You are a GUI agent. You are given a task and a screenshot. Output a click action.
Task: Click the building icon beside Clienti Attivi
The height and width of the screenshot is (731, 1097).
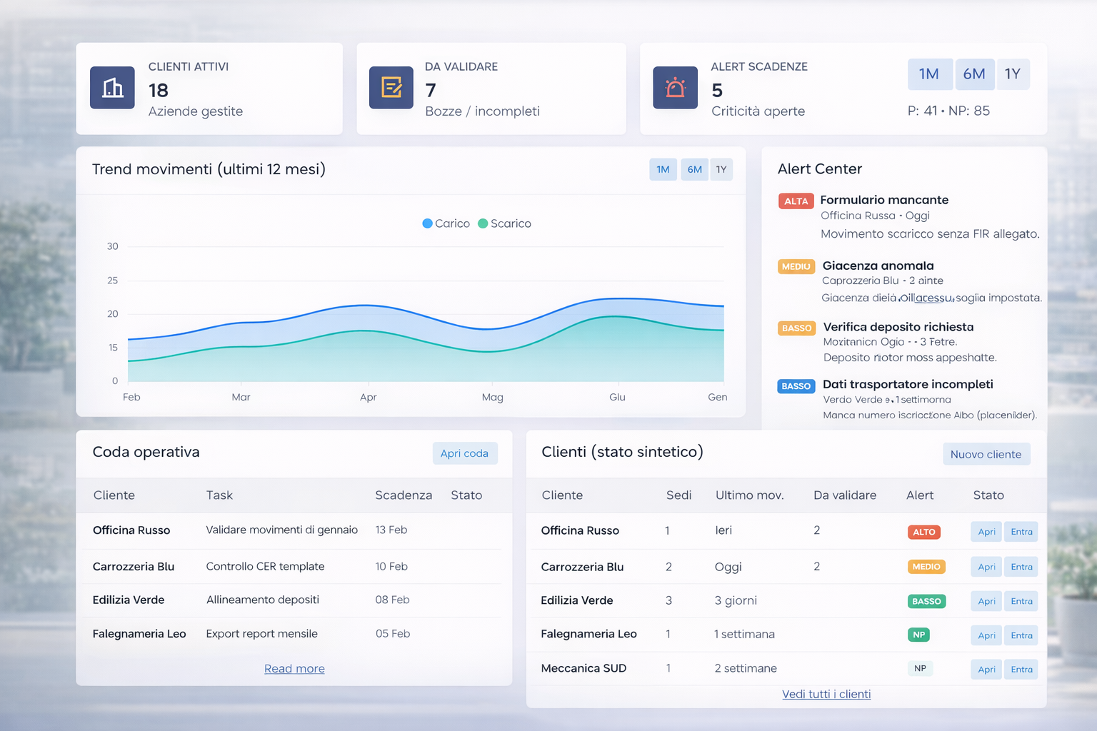coord(112,88)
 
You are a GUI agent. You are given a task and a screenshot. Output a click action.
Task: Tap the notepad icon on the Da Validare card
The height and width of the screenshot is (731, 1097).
coord(391,88)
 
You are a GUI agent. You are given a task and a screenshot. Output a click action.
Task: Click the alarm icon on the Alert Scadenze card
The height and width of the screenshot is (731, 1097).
coord(675,88)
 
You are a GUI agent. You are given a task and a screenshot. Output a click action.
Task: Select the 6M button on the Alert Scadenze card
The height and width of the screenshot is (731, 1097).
coord(974,74)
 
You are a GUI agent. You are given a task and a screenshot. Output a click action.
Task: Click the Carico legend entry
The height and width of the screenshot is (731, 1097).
coord(446,223)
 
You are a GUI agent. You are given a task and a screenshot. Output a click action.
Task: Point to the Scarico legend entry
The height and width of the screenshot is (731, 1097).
coord(505,223)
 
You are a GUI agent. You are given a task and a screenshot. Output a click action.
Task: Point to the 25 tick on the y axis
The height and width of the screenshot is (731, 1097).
coord(113,281)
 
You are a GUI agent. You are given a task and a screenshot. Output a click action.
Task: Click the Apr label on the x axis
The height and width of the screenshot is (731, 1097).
coord(368,397)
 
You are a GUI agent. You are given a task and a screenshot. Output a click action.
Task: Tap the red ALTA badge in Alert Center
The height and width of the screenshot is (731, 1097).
coord(796,201)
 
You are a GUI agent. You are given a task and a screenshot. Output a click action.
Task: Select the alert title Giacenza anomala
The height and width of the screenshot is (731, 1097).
coord(878,266)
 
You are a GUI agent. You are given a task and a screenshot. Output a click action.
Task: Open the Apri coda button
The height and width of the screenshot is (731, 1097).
coord(464,453)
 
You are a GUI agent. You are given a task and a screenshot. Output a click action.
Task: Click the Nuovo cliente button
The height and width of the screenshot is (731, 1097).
coord(986,454)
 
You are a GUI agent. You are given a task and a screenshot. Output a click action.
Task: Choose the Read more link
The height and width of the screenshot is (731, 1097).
coord(294,669)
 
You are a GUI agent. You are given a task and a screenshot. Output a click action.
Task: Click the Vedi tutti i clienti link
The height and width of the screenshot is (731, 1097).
coord(826,694)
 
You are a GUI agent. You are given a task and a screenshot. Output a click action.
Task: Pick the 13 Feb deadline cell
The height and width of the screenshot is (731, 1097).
coord(391,530)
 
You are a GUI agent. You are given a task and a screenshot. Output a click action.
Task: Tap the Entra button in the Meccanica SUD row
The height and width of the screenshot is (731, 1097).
coord(1021,669)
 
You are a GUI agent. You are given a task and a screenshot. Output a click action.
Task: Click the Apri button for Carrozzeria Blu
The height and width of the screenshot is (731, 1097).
coord(986,567)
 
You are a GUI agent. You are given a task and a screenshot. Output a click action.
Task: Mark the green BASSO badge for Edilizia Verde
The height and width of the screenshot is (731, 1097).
coord(926,601)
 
